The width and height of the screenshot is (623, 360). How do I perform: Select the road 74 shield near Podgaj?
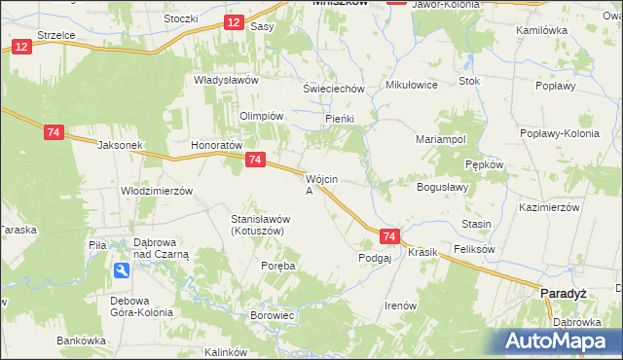[389, 236]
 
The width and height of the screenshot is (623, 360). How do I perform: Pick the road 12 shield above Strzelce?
[21, 47]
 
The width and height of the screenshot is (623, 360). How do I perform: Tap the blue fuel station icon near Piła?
[120, 270]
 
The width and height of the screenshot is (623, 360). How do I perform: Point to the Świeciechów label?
[333, 89]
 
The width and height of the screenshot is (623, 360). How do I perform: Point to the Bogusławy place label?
[443, 187]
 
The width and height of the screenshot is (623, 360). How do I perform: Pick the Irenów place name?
[400, 306]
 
